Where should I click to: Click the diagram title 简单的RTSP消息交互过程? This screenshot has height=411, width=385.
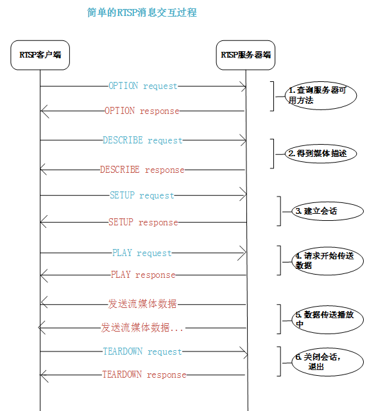pos(142,12)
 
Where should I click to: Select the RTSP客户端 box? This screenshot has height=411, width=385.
pos(40,54)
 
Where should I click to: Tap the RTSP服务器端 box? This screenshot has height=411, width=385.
pos(246,54)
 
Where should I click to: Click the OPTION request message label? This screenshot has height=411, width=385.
pos(142,86)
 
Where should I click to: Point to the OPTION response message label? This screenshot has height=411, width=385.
pos(142,111)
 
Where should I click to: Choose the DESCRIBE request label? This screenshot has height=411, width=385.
pos(142,140)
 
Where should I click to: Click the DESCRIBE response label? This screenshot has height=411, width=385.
pos(142,170)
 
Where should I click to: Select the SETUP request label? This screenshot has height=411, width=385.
pos(142,195)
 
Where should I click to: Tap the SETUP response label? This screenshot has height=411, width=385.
pos(142,222)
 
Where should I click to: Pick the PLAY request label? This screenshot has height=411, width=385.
pos(142,253)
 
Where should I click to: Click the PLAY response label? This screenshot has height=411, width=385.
pos(142,275)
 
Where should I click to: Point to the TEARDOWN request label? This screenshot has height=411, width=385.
pos(142,351)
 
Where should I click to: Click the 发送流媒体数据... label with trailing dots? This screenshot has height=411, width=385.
pos(142,327)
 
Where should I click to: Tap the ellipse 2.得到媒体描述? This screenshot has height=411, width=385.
pos(320,154)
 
